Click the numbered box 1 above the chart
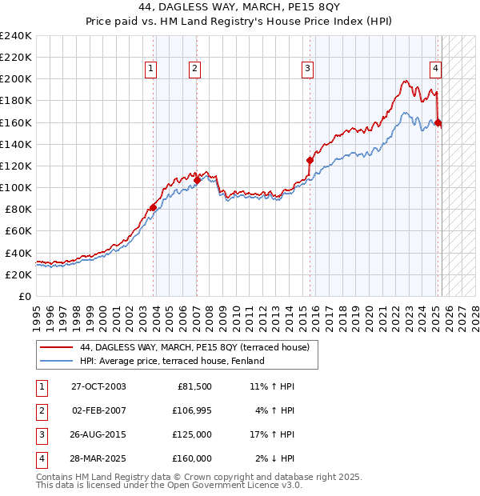(x=150, y=70)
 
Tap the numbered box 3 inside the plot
(x=307, y=70)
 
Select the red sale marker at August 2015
(x=310, y=160)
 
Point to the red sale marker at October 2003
(x=153, y=207)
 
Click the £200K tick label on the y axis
(x=16, y=79)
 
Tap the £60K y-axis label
(x=18, y=230)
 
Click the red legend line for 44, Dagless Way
(x=57, y=348)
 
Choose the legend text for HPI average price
(x=172, y=361)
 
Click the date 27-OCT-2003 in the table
(x=98, y=386)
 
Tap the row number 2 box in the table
(x=41, y=410)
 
